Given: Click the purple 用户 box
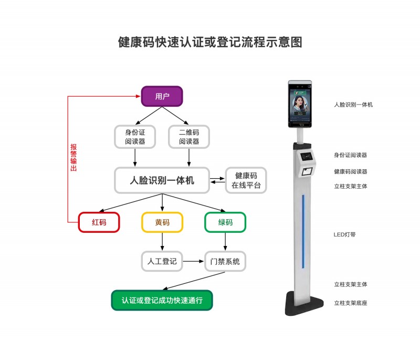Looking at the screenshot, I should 162,96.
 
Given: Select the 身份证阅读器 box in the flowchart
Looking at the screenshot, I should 135,137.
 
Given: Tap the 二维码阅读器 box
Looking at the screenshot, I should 189,137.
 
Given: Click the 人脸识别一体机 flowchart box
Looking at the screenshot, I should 162,180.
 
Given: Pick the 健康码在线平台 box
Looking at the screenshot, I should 246,180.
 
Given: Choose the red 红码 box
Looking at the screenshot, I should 99,222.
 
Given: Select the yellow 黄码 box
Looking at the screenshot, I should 162,222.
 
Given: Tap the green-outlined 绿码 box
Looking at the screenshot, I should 225,222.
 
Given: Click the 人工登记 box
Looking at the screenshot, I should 162,261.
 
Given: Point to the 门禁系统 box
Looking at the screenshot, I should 225,261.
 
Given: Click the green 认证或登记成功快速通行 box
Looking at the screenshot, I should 162,301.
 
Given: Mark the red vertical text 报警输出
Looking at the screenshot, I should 73,158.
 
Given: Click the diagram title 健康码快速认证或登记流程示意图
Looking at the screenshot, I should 210,43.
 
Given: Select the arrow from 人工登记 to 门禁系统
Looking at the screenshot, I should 194,261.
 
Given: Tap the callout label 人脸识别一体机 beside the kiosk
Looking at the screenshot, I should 353,105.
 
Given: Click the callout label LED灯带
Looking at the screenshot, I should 344,234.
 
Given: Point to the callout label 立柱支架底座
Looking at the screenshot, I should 350,303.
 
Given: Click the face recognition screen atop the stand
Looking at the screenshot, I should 300,104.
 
